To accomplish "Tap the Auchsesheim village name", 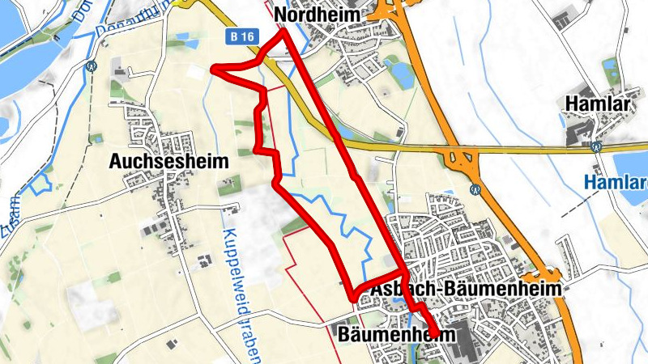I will tap(168, 162).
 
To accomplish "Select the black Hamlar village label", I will tap(601, 104).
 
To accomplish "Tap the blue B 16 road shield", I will tap(237, 37).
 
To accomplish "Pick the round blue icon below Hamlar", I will tap(596, 147).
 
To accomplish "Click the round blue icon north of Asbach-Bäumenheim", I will tap(475, 188).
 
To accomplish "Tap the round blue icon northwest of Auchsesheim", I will tap(91, 67).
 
